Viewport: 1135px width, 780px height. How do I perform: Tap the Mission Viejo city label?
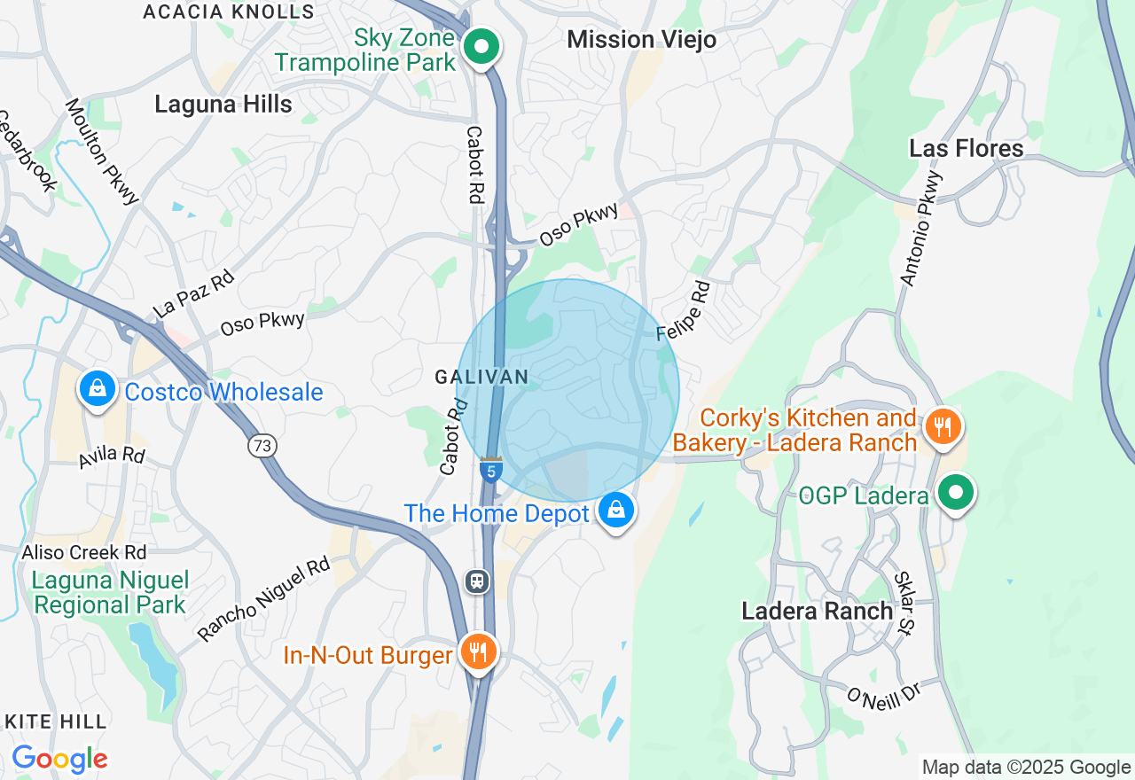click(x=641, y=40)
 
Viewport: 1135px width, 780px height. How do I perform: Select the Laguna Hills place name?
click(x=223, y=104)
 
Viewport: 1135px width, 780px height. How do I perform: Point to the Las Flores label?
click(x=966, y=148)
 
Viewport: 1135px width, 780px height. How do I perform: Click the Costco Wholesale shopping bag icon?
click(x=98, y=389)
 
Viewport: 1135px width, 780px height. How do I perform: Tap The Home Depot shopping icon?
click(x=615, y=511)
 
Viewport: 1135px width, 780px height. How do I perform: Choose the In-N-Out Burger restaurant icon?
click(x=479, y=653)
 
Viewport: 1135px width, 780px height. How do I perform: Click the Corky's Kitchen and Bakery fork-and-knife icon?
click(x=943, y=428)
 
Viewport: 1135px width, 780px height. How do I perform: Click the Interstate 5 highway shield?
click(x=491, y=470)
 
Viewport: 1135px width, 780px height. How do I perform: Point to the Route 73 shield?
click(x=262, y=446)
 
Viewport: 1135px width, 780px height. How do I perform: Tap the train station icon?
click(x=477, y=581)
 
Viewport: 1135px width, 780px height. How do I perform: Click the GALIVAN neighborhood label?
click(x=481, y=377)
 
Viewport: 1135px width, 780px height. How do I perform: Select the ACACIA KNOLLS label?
click(x=229, y=12)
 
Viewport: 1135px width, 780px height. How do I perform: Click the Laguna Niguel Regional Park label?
click(x=110, y=593)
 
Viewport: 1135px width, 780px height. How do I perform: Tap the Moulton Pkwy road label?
click(x=102, y=151)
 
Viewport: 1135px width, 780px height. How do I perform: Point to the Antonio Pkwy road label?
click(x=922, y=228)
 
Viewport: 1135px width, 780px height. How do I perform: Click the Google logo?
click(x=59, y=760)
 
